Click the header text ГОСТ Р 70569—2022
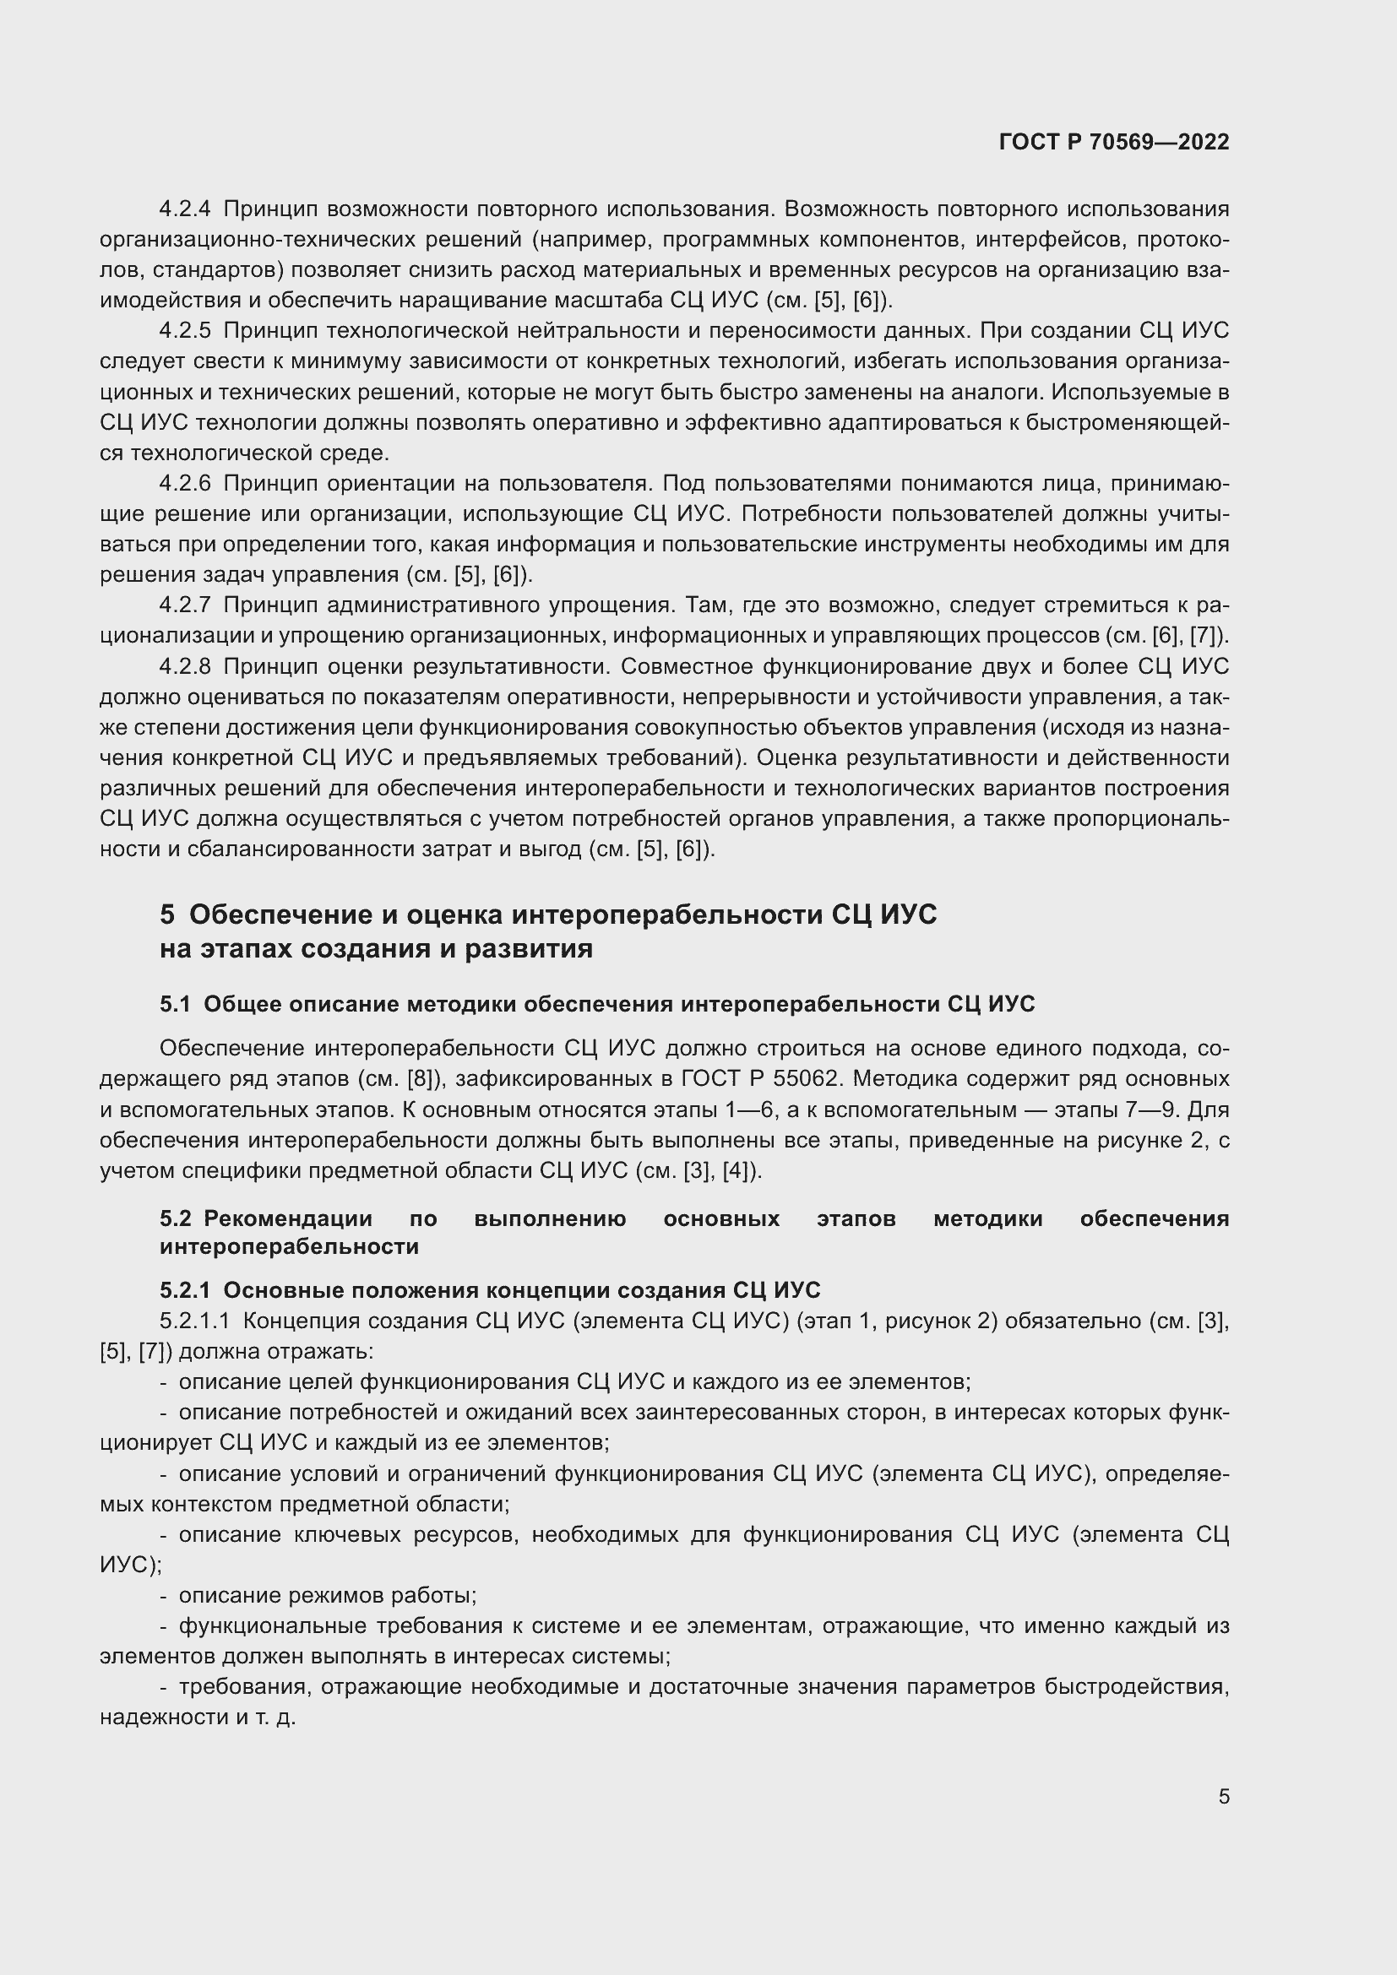coord(1114,143)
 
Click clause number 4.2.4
coord(184,209)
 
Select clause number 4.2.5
coord(184,331)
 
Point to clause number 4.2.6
coord(184,484)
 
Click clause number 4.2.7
coord(184,605)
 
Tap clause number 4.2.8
coord(184,667)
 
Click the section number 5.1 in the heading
coord(175,1004)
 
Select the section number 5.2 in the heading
coord(176,1219)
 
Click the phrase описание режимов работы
coord(327,1596)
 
